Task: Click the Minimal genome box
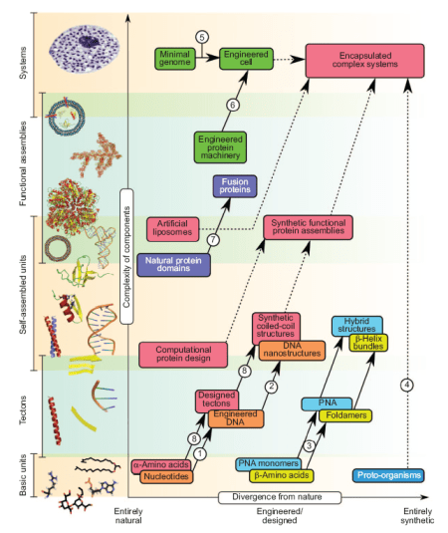click(175, 58)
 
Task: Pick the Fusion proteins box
click(236, 186)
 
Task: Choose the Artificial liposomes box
click(173, 228)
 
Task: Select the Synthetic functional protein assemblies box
click(309, 228)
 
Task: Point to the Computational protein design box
click(183, 354)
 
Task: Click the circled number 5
click(202, 37)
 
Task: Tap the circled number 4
click(406, 385)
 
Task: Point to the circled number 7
click(212, 240)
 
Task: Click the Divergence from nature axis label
click(280, 496)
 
